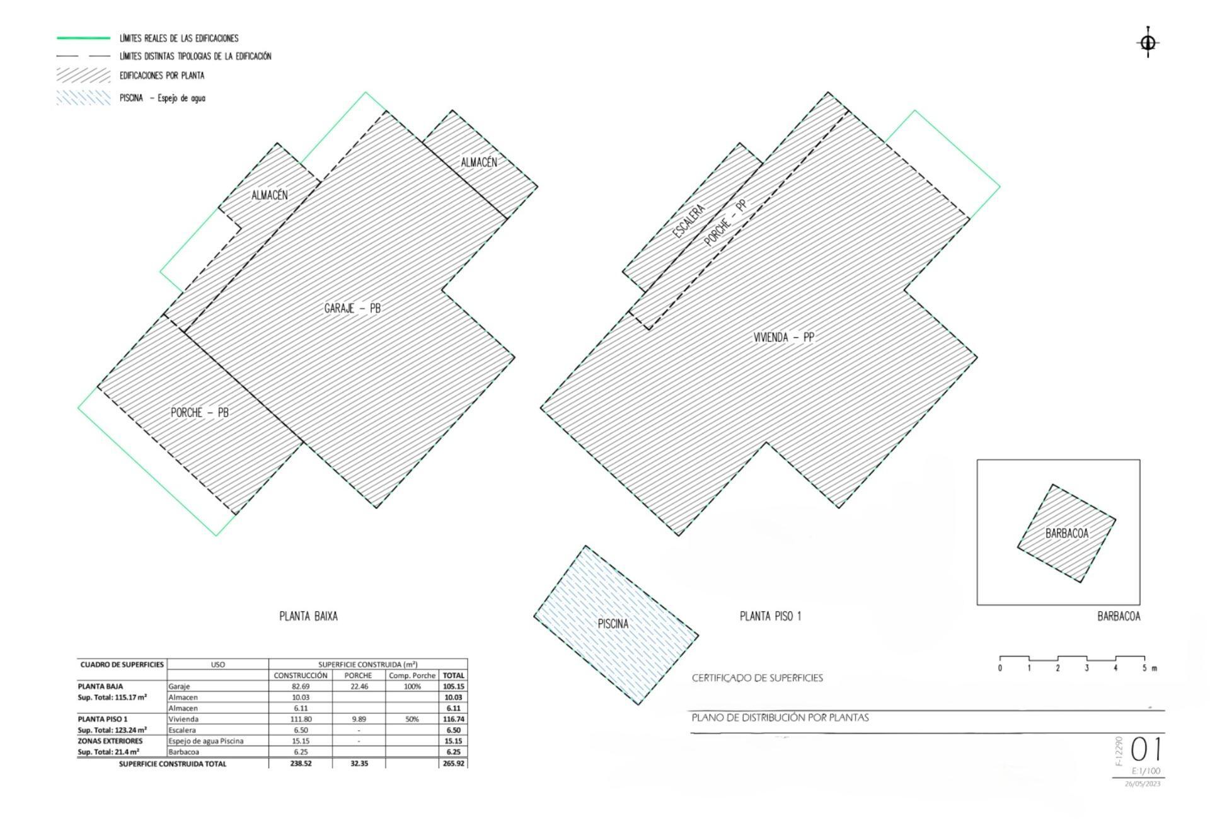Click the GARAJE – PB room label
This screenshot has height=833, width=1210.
coord(352,308)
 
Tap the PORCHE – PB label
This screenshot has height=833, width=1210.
coord(199,412)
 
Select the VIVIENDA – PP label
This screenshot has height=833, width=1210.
coord(783,337)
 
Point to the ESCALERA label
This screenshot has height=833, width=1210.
coord(688,221)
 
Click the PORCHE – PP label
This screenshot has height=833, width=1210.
coord(725,223)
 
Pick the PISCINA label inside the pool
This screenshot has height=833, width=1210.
coord(613,624)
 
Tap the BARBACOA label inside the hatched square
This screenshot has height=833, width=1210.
coord(1066,533)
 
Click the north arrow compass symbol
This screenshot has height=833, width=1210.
coord(1148,43)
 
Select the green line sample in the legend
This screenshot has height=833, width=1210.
coord(83,38)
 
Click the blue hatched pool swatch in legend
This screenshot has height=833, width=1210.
coord(83,98)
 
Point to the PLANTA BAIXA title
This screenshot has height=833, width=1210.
coord(308,616)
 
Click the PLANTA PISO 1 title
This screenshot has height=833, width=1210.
coord(770,616)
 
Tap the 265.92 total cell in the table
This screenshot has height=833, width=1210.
coord(453,763)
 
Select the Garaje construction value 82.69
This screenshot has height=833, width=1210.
coord(301,686)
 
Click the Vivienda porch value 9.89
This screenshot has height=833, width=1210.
coord(359,719)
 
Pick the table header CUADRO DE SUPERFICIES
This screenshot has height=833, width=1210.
coord(122,664)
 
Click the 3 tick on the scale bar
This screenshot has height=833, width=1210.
coord(1086,668)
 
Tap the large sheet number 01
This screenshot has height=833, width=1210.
coord(1146,750)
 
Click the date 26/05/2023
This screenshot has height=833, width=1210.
coord(1142,784)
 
